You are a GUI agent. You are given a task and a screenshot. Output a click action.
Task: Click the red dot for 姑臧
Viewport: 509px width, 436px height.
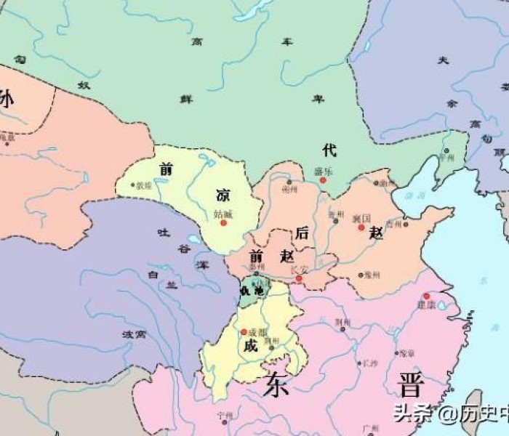223,222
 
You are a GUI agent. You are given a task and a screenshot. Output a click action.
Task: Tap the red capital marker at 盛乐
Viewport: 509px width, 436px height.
323,180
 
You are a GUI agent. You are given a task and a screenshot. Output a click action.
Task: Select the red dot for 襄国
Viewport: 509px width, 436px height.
361,227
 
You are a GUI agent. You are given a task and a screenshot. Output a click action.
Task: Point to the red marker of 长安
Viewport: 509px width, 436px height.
298,278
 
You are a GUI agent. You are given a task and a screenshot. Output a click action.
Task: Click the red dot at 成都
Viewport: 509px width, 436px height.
244,332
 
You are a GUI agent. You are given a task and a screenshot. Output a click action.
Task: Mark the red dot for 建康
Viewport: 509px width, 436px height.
426,296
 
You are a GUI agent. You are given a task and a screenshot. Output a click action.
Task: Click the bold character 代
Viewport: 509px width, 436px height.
329,150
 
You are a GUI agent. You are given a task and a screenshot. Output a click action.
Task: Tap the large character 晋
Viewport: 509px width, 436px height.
410,384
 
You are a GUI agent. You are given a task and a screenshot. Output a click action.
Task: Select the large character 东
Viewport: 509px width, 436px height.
277,384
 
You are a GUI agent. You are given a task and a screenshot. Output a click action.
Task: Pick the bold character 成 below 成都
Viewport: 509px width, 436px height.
251,346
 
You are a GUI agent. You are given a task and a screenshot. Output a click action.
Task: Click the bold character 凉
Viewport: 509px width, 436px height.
223,195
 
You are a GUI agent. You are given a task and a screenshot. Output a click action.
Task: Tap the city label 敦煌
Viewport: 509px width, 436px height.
144,185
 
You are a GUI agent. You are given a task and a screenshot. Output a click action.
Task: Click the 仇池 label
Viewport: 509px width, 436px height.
252,290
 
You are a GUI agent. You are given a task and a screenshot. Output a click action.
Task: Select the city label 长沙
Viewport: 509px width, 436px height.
370,363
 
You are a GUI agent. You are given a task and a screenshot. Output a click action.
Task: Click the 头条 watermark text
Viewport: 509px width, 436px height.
411,414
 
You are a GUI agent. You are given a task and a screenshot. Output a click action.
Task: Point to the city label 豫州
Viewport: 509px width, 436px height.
373,275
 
